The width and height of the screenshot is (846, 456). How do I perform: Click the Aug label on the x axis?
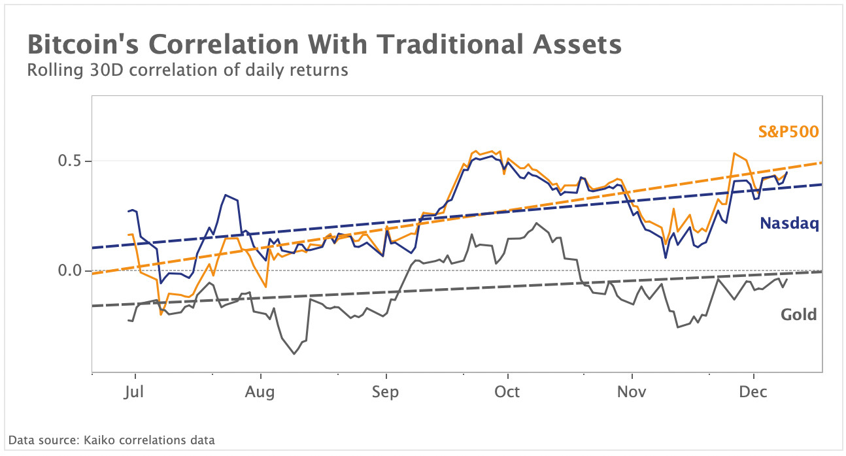coord(261,392)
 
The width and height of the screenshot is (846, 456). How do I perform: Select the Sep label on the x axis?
coord(386,392)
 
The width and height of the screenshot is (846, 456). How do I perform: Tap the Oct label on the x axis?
coord(507,392)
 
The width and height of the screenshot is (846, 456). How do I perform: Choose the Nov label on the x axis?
coord(632,392)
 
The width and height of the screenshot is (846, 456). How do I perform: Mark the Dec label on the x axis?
coord(754,392)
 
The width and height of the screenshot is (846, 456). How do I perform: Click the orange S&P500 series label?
coord(788,132)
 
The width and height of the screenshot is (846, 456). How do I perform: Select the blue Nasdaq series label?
coord(789,224)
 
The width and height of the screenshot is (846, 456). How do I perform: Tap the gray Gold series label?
coord(799,315)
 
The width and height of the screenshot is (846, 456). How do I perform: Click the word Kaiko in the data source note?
coord(98,440)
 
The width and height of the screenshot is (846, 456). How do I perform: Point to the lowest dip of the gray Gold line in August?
coord(294,353)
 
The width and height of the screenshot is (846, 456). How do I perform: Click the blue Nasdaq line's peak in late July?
coord(226,195)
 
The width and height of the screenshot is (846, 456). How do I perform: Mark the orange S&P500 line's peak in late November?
coord(735,154)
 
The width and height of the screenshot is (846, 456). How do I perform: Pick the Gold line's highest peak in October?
coord(537,223)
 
